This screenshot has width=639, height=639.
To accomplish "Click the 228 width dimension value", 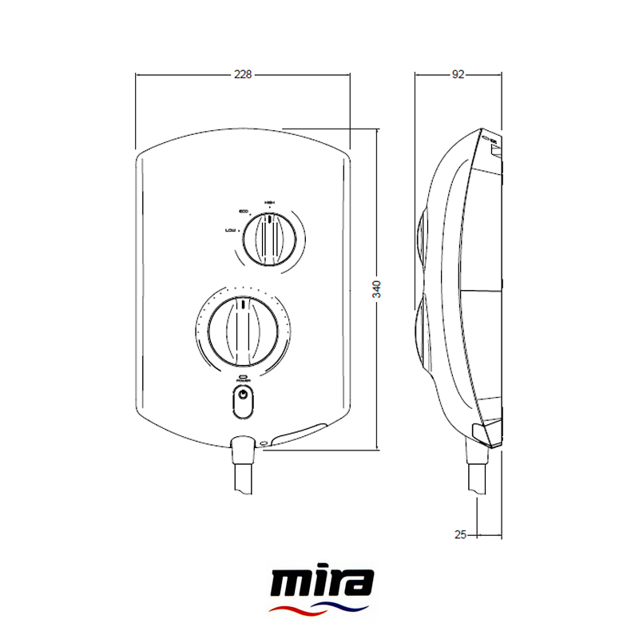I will point(243,74).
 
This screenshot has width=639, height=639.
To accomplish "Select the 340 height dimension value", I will point(377,289).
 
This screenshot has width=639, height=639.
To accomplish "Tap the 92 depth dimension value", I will point(458,74).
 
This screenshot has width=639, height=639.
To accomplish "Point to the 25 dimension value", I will point(460,534).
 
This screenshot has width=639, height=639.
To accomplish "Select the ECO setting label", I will point(244,211).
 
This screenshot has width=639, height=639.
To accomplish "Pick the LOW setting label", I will point(231,230).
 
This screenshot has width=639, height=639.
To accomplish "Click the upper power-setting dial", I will point(271,238).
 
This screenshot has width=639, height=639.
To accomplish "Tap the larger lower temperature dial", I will point(242,328).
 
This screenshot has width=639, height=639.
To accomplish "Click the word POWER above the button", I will point(243,380).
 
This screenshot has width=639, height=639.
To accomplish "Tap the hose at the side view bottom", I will point(475,479).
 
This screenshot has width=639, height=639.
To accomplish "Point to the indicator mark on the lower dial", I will point(242,304).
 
